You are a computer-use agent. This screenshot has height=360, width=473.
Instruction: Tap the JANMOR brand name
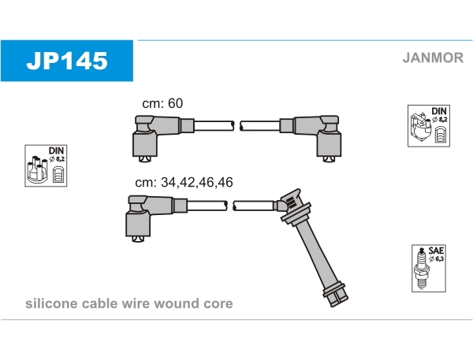(432, 58)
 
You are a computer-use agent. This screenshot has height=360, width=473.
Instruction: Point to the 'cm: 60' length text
(162, 104)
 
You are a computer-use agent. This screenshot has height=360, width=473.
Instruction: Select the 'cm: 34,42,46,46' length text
(184, 182)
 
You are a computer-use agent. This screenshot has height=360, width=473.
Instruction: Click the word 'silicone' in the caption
(50, 304)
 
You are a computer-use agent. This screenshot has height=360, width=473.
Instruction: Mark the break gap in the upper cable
(236, 125)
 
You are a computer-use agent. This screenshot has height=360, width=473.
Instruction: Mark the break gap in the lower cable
(231, 206)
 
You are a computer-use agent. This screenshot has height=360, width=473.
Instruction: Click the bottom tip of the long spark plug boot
(336, 297)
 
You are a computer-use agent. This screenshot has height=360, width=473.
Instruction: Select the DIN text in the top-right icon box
(439, 111)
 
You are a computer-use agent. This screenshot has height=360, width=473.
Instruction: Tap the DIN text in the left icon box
(57, 150)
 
